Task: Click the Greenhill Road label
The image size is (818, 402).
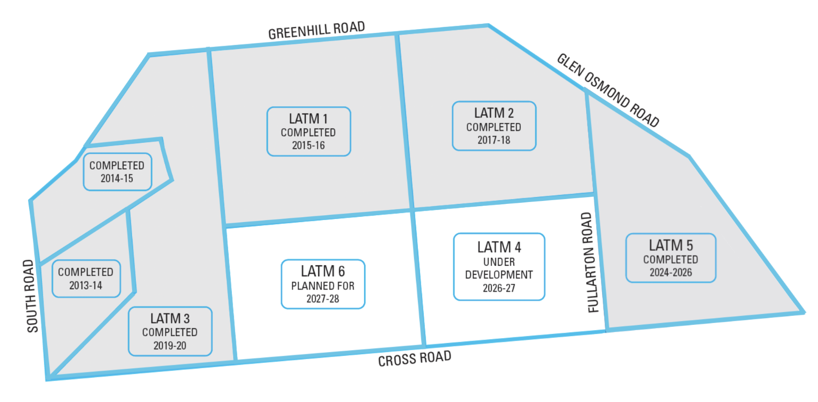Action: click(316, 30)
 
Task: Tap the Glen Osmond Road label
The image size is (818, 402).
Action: click(608, 90)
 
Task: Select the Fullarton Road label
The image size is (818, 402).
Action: click(590, 262)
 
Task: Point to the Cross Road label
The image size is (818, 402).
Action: click(414, 359)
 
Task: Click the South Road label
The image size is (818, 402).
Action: click(31, 296)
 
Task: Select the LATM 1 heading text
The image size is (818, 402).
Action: click(308, 119)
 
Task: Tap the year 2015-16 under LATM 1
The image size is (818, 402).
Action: click(308, 145)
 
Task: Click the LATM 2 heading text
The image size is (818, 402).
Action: click(494, 113)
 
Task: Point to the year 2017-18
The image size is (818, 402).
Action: click(494, 140)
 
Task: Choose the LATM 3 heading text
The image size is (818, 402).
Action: click(170, 318)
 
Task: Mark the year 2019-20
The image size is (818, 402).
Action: click(170, 345)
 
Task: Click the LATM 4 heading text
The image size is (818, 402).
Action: click(499, 247)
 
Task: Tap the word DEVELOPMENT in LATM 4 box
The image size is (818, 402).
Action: click(499, 275)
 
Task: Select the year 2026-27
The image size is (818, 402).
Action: click(499, 288)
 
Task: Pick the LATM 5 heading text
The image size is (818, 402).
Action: click(671, 245)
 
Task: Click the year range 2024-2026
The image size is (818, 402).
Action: click(671, 272)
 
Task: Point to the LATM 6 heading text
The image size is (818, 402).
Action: click(322, 271)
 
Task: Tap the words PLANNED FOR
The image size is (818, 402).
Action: click(322, 286)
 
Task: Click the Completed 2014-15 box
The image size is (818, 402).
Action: click(117, 171)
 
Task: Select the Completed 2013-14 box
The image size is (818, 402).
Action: click(86, 279)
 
